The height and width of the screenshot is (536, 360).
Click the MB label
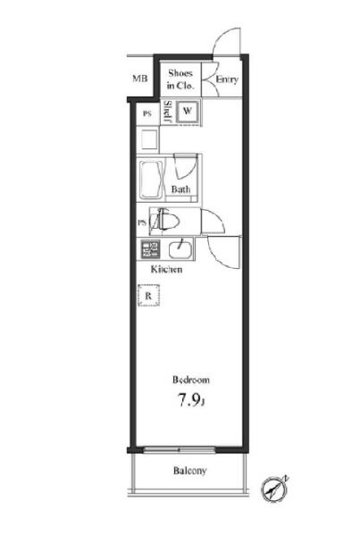[x=140, y=79]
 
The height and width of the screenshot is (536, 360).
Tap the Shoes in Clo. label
[x=180, y=80]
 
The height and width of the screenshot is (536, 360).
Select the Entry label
[x=227, y=80]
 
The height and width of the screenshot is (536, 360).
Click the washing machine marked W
[x=187, y=111]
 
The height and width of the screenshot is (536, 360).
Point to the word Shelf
[x=168, y=112]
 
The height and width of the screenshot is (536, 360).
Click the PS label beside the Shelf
[x=147, y=113]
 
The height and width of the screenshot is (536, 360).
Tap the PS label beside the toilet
[x=141, y=222]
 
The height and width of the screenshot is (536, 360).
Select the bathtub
[x=150, y=180]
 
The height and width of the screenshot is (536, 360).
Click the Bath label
[x=180, y=189]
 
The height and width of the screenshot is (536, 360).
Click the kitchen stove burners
[x=150, y=249]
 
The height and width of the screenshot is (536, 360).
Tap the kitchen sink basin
[x=180, y=248]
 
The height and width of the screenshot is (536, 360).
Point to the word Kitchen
[x=166, y=270]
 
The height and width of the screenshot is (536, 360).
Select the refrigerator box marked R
[x=148, y=296]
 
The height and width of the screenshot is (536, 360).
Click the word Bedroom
[x=191, y=380]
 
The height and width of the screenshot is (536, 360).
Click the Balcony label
[x=189, y=471]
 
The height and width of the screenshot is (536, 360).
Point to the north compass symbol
[x=274, y=489]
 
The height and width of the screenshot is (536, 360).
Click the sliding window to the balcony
[x=180, y=449]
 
